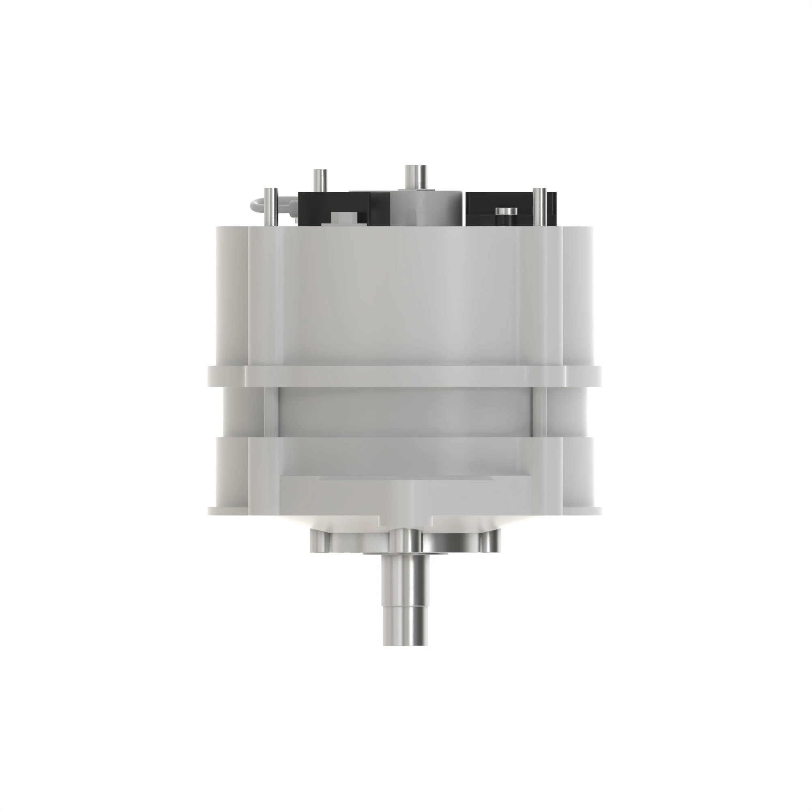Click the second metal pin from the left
[320, 180]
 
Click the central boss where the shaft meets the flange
[405, 546]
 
